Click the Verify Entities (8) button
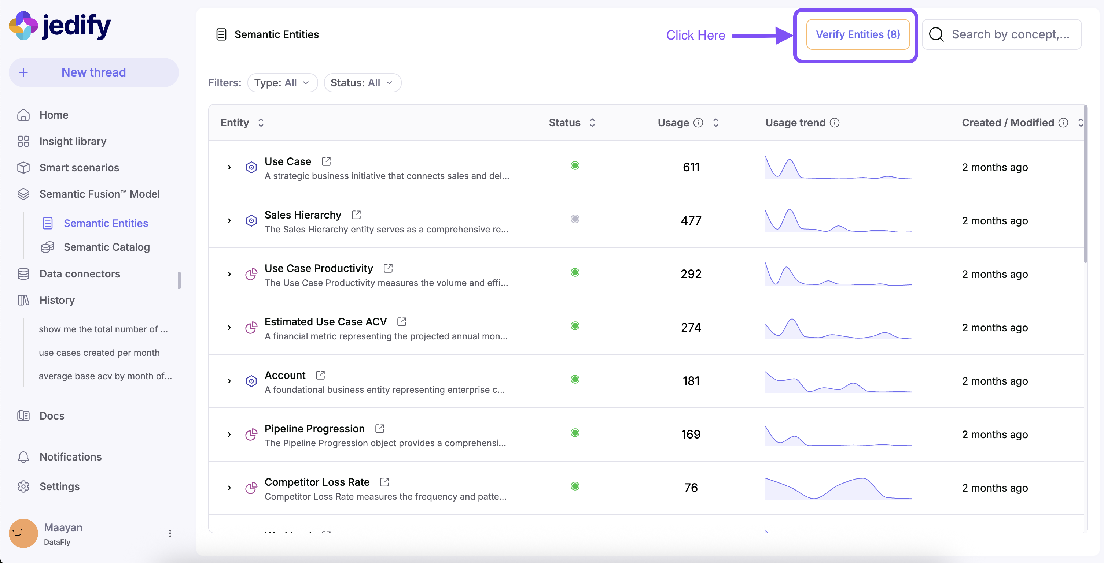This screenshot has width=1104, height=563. tap(858, 34)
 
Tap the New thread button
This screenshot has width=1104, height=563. tap(93, 72)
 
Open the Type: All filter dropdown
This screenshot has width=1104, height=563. tap(282, 83)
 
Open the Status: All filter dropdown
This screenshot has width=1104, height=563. tap(362, 83)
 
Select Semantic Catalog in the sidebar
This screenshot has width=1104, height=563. tap(107, 247)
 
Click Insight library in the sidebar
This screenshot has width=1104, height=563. tap(73, 141)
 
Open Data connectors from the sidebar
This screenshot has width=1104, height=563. tap(80, 273)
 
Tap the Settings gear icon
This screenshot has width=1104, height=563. tap(23, 486)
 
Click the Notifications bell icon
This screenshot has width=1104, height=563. tap(23, 457)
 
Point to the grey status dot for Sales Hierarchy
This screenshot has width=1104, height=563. tap(575, 219)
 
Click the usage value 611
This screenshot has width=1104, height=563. tap(691, 167)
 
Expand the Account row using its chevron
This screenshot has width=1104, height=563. tap(229, 381)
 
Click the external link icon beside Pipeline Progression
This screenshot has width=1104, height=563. tap(380, 429)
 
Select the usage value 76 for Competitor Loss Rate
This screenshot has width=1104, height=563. tap(691, 488)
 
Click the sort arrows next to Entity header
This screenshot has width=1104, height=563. tap(261, 123)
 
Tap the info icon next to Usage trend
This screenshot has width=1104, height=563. tap(835, 123)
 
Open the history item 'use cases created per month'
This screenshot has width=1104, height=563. tap(99, 353)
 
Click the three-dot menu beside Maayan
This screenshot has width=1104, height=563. tap(170, 533)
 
